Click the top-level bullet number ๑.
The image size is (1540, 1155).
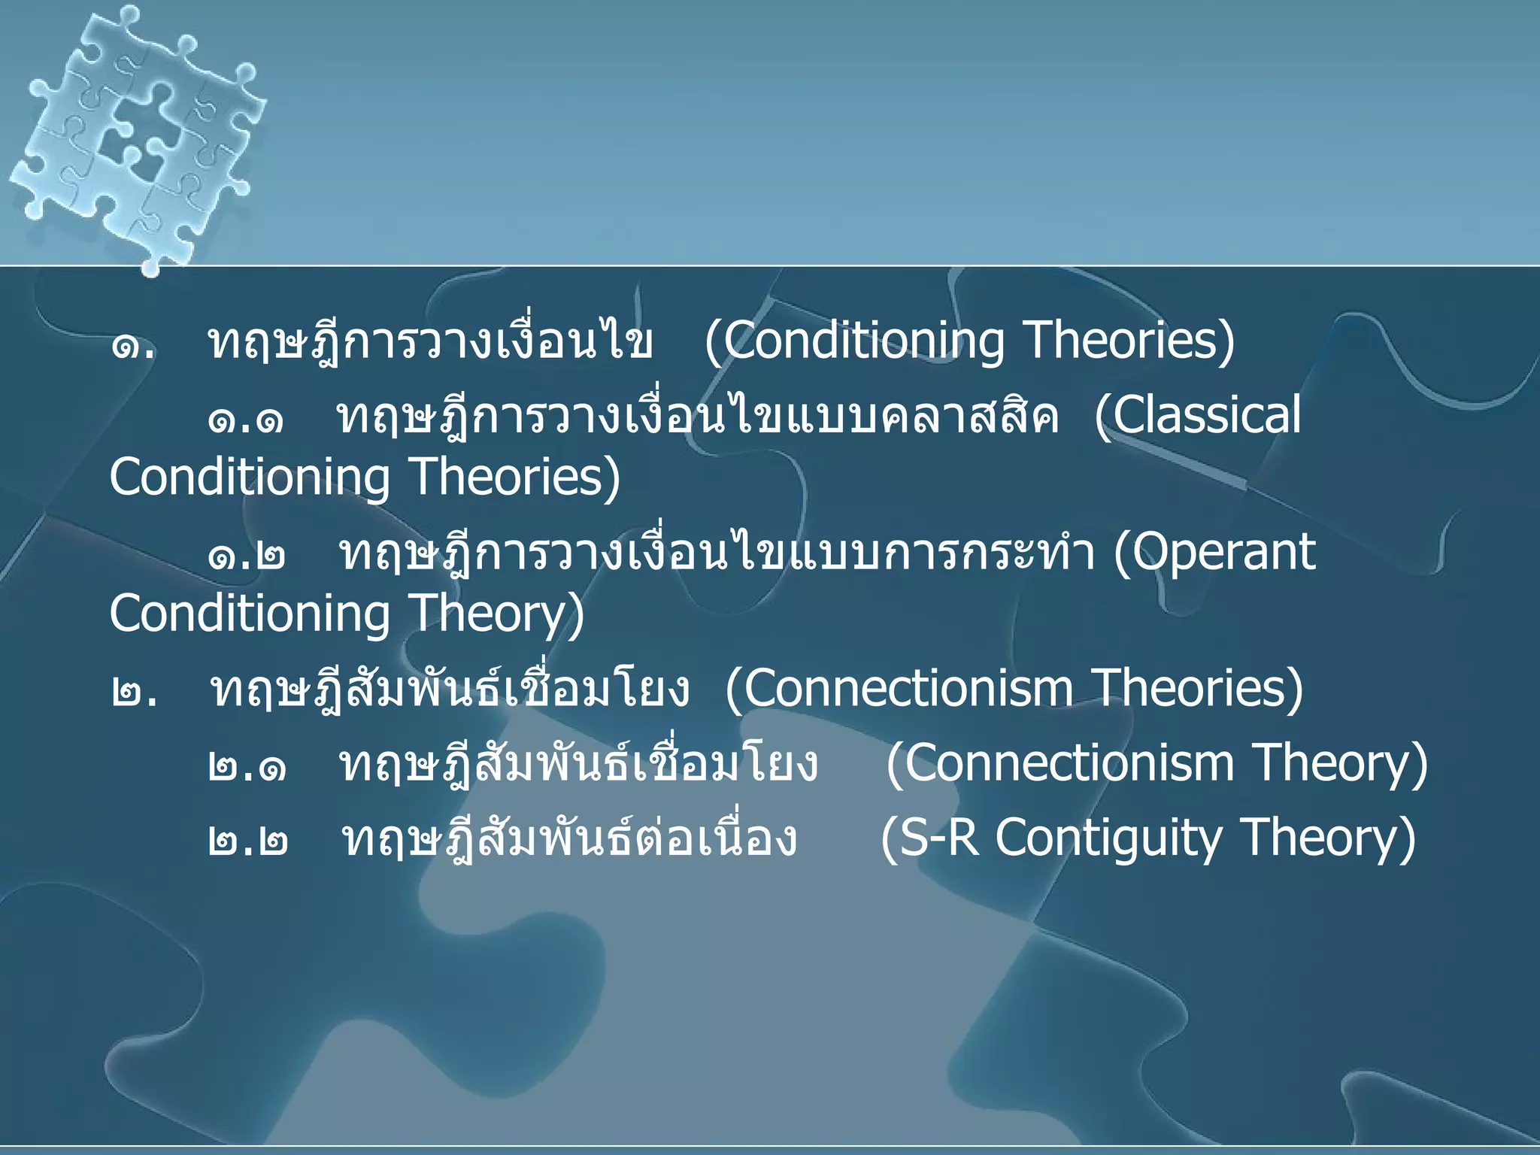pos(132,346)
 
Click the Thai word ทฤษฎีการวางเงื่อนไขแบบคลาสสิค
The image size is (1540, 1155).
pos(698,417)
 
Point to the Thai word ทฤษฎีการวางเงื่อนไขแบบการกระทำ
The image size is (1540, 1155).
pos(717,554)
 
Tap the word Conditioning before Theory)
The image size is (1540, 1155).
pos(250,613)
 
